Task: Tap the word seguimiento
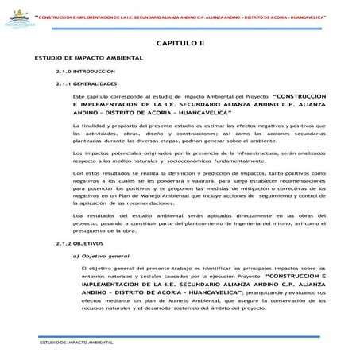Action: click(x=259, y=200)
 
